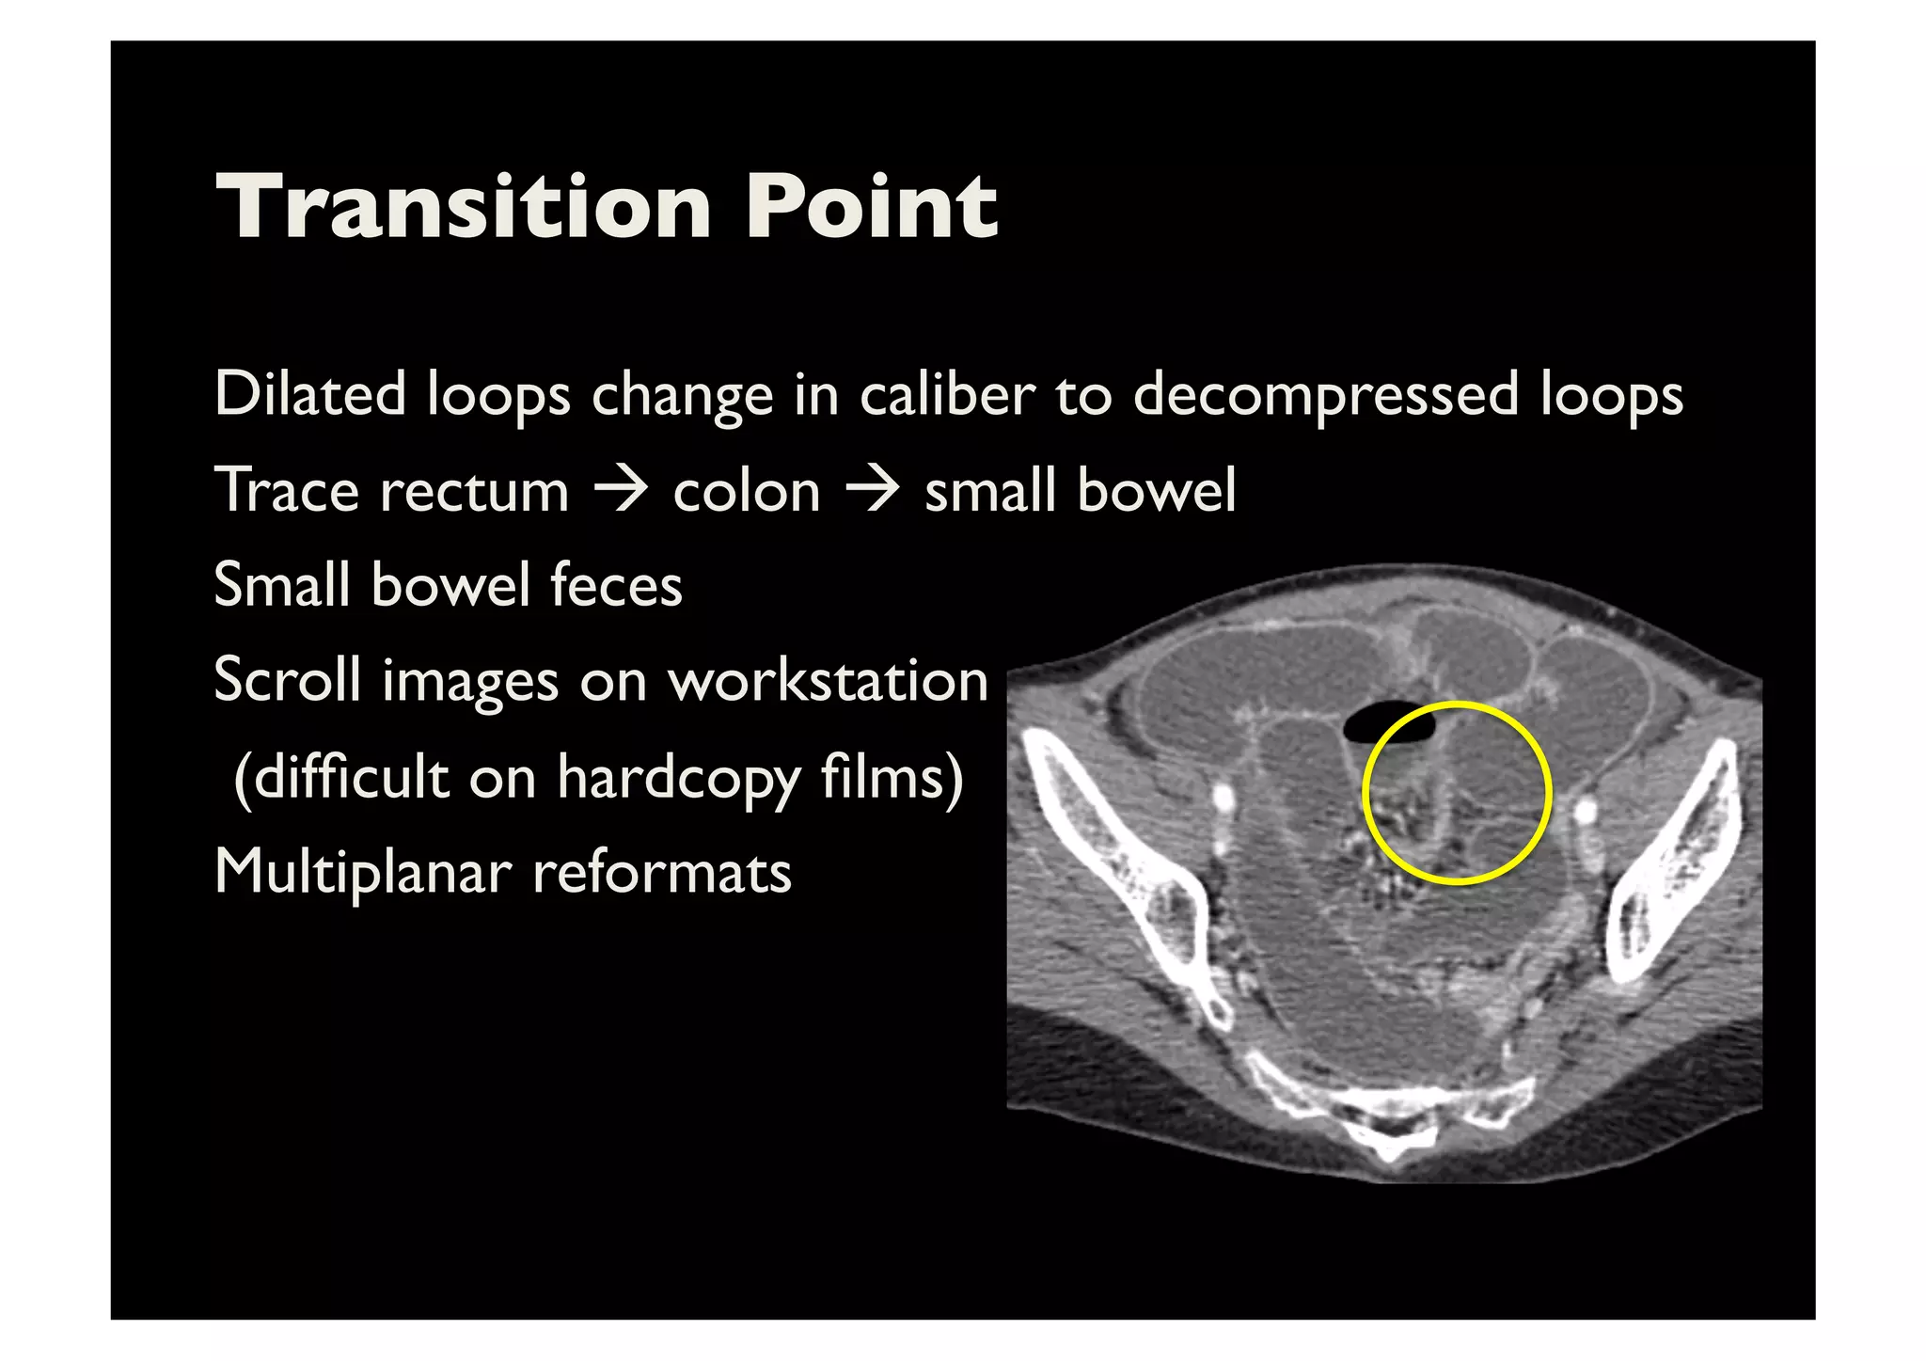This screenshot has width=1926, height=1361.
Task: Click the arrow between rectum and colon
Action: (x=621, y=491)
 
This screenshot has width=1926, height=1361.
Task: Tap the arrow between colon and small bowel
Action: (x=873, y=491)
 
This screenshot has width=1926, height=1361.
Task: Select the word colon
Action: (x=747, y=491)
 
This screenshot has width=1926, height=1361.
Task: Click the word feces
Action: (x=616, y=585)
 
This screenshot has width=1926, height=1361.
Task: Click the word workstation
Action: (x=828, y=679)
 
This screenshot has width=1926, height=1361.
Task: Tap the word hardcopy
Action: (x=679, y=779)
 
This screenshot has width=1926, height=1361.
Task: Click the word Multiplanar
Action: (x=363, y=873)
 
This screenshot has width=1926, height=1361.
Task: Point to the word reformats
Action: (x=662, y=873)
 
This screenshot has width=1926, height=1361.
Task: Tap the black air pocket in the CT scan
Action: (x=1389, y=725)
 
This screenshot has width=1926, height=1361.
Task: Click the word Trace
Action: (x=287, y=491)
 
